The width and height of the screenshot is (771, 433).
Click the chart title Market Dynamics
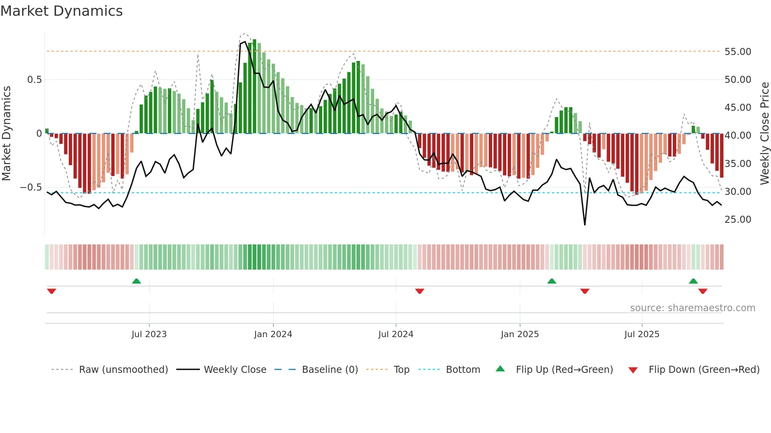coord(62,11)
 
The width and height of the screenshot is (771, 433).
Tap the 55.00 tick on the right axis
coord(738,52)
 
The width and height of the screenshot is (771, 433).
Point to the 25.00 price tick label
coord(738,220)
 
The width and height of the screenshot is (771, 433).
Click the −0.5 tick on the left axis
coord(31,187)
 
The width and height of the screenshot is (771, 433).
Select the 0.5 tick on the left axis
coord(34,80)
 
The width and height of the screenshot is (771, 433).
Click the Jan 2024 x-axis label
coord(273,334)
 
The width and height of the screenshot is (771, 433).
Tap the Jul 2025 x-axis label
coord(642,334)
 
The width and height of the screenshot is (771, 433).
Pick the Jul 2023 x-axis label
coord(149,334)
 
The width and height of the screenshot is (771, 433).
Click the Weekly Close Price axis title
coord(764,134)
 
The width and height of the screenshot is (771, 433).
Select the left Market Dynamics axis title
coord(7,134)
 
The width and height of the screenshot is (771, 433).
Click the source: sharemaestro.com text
coord(692,308)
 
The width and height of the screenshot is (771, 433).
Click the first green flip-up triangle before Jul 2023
coord(136,281)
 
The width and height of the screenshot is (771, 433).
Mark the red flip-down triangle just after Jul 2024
coord(419,291)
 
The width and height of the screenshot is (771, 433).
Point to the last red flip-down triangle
coord(703,291)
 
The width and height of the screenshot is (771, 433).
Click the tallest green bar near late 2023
coord(255,86)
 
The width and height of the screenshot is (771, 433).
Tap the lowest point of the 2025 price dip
coord(585,225)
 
